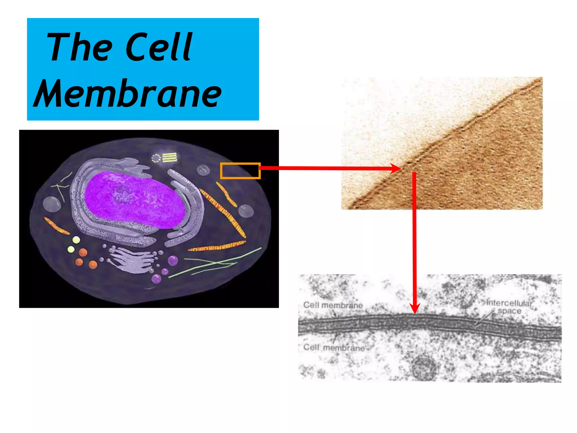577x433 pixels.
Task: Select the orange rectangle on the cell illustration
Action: (240, 171)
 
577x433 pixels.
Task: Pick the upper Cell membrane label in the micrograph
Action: (333, 305)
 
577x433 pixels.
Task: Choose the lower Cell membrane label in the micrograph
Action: (334, 348)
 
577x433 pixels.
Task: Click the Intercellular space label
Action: (509, 307)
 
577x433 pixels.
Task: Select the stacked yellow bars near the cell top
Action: (170, 157)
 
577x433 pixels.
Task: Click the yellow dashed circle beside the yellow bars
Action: (156, 158)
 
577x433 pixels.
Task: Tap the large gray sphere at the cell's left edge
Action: (52, 204)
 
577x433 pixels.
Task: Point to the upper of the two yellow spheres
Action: (76, 240)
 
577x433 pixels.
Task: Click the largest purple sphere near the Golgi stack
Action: (173, 260)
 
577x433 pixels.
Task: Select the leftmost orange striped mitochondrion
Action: (56, 226)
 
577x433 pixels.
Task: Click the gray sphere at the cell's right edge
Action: (246, 211)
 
